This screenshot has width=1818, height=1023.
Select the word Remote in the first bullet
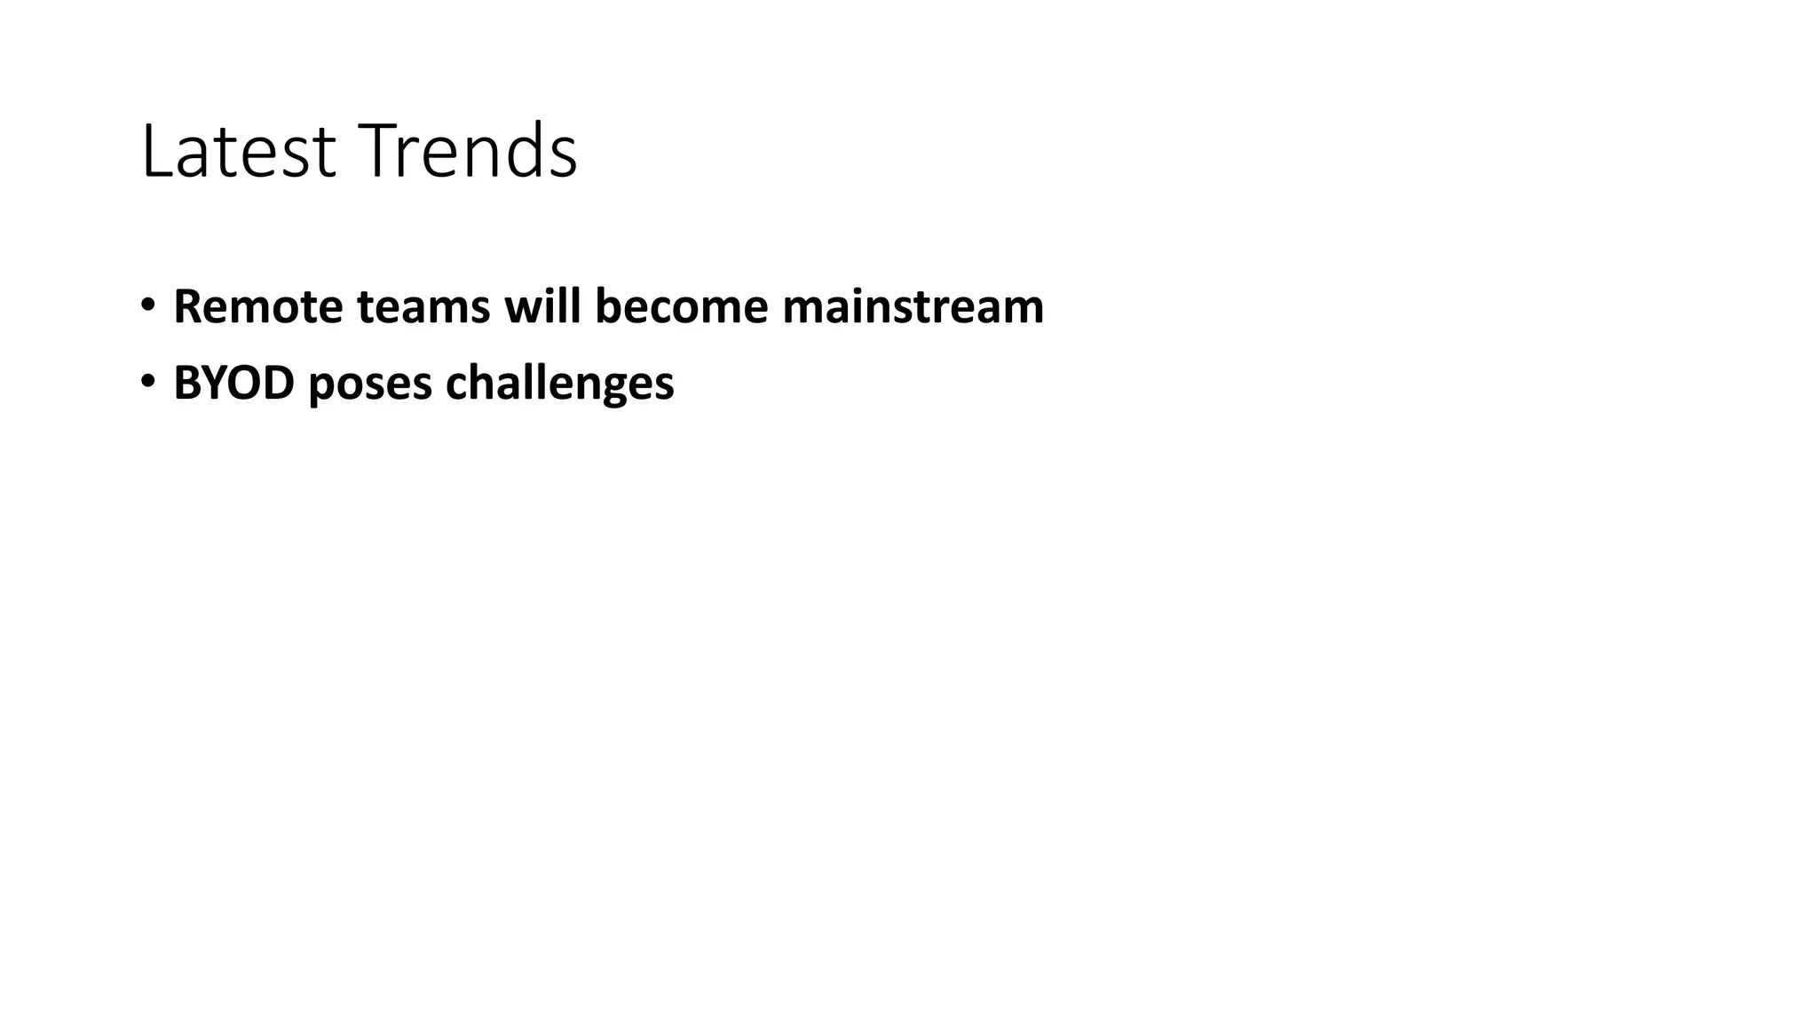coord(258,306)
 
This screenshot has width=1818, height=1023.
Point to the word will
coord(542,306)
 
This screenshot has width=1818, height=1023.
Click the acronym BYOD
coord(233,384)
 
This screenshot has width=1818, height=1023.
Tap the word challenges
coord(559,384)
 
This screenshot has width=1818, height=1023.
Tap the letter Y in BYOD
coord(214,384)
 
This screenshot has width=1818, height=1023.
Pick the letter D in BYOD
coord(279,384)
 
